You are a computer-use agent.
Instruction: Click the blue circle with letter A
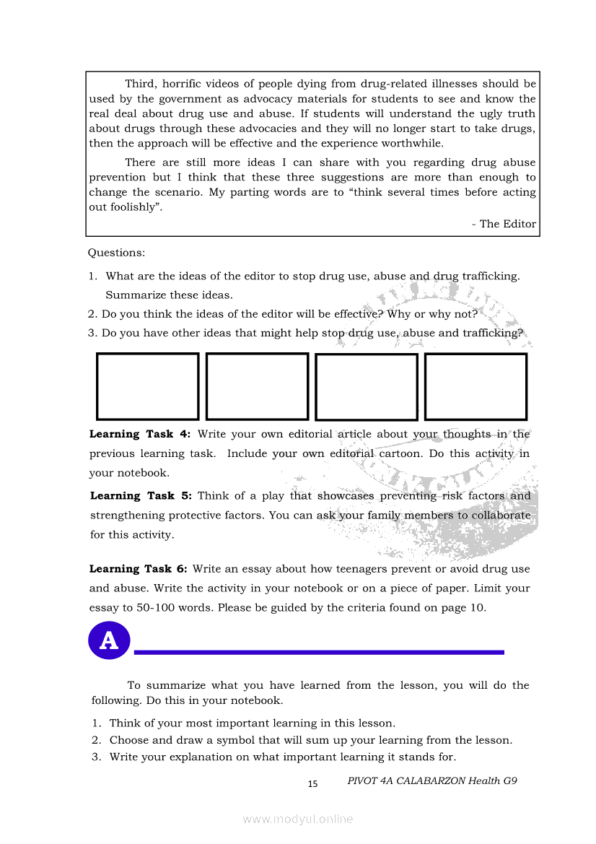coord(109,640)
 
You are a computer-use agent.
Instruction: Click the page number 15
coord(312,784)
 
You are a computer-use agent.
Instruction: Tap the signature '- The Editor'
coord(504,224)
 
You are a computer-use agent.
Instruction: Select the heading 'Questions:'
coord(116,253)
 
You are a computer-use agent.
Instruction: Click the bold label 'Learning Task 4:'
coord(140,434)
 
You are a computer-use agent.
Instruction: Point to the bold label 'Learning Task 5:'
coord(141,496)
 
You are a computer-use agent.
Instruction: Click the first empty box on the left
coord(147,386)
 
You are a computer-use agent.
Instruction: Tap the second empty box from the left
coord(257,386)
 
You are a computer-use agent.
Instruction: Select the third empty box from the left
coord(367,387)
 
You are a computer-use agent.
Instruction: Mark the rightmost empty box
coord(476,386)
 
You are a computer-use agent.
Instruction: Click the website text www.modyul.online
coord(298,819)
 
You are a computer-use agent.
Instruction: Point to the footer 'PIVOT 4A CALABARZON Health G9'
coord(432,780)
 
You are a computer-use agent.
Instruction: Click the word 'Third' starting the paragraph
coord(140,84)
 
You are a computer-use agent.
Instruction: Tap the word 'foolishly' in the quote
coord(134,207)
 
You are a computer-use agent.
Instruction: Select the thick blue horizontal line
coord(319,652)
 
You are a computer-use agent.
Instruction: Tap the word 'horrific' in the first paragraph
coord(185,84)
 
